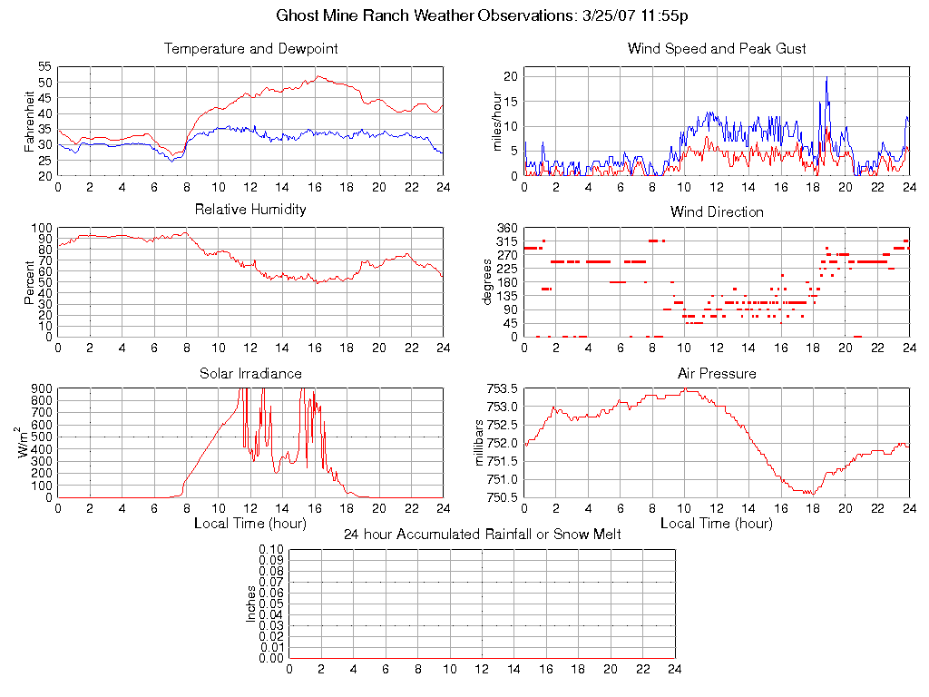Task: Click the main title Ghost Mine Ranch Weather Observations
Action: pos(481,16)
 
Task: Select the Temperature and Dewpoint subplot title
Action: pos(250,49)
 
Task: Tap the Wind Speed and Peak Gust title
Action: pos(717,49)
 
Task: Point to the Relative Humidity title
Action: pos(250,211)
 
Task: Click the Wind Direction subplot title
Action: pos(717,212)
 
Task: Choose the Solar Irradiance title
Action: pos(250,374)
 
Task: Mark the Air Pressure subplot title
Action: pos(717,374)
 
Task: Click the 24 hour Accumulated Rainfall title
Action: pos(483,535)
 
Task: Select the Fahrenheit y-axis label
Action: pos(30,122)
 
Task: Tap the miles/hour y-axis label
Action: pos(496,122)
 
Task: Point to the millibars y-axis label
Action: pos(482,443)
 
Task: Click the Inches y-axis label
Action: pos(251,604)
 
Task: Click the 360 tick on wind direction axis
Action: pos(506,228)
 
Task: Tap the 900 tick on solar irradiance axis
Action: pos(43,388)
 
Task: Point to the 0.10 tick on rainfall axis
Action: pos(270,550)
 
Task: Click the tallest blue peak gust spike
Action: pos(826,78)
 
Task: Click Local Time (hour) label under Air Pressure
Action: pos(717,524)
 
